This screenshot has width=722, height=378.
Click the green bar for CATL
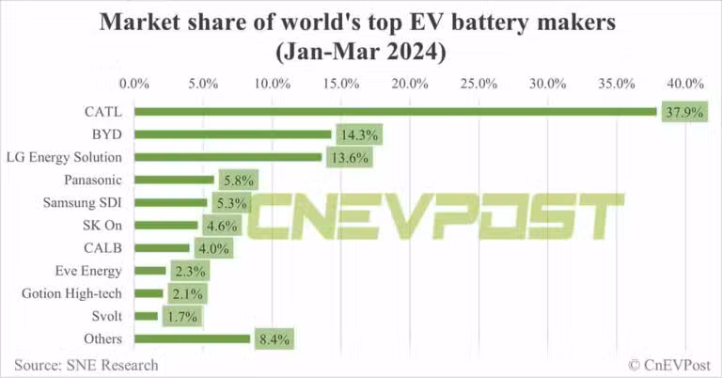395,112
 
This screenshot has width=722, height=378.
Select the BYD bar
232,134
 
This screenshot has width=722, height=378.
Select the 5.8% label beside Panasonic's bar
236,180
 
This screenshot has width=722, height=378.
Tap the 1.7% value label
180,316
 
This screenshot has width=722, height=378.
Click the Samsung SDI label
83,202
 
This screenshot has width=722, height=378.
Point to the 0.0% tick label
135,84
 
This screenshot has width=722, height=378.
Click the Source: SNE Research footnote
86,365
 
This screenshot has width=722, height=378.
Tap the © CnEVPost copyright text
668,365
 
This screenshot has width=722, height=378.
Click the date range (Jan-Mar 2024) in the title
360,52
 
